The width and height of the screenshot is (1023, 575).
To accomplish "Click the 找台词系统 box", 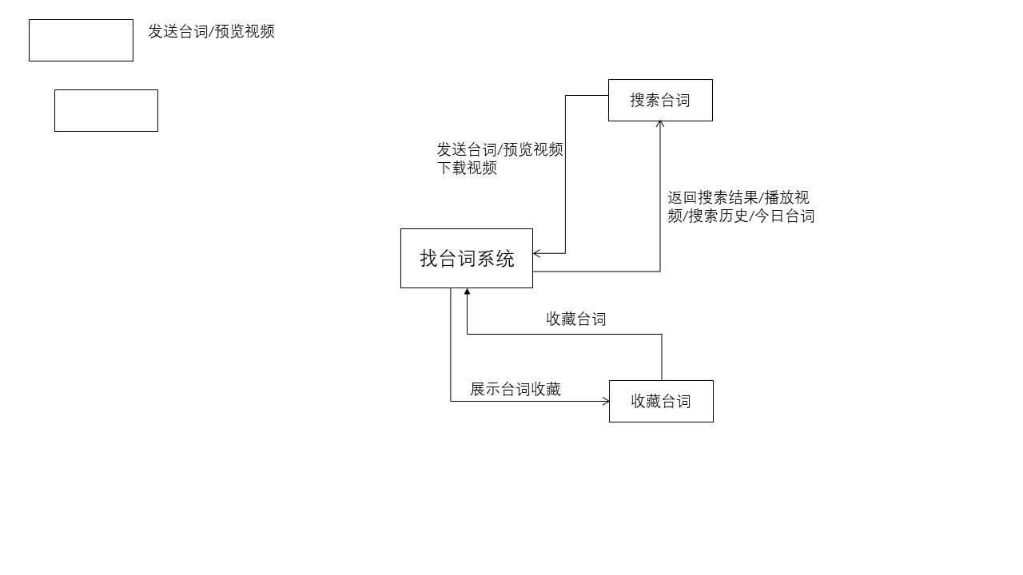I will click(466, 258).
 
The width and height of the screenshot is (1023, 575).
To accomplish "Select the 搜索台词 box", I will click(660, 100).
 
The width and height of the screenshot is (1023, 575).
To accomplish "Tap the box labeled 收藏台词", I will click(661, 401).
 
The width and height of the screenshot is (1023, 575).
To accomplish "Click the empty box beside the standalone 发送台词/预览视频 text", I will click(81, 40).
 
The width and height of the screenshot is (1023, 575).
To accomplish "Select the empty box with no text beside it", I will click(106, 110).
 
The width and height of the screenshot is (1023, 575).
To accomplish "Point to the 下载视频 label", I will click(467, 168).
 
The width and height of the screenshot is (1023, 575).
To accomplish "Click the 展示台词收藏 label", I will click(515, 389).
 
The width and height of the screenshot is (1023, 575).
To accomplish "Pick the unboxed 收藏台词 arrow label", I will click(575, 319).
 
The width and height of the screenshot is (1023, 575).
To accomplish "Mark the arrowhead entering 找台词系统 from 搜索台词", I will click(537, 254).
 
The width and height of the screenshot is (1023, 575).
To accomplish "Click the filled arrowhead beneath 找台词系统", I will click(467, 292).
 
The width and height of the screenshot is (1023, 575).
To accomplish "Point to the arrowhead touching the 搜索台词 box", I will click(660, 124).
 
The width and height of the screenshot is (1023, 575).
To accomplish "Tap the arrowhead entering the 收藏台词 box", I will click(606, 401).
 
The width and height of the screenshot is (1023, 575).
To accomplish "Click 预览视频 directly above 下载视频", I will click(533, 149).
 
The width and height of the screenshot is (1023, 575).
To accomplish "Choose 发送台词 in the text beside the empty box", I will click(177, 31).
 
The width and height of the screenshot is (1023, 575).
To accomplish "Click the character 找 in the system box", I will click(429, 258).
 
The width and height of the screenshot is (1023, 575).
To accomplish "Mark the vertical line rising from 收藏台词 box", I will click(662, 357).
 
